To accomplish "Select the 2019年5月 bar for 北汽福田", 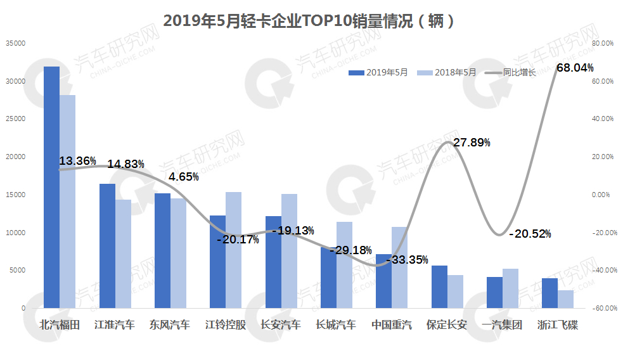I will click(x=51, y=187).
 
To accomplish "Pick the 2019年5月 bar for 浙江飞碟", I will click(x=549, y=293).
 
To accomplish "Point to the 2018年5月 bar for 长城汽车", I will click(x=344, y=265).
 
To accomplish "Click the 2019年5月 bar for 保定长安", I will click(x=439, y=286).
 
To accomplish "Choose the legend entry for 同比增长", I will click(x=511, y=73).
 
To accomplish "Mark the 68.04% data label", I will click(x=574, y=68).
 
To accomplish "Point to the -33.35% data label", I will click(x=408, y=260).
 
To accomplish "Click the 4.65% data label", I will click(x=184, y=177).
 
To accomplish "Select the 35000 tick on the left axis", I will click(x=15, y=43).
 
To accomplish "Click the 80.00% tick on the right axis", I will click(x=602, y=43).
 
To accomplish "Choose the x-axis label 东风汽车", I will click(x=170, y=326).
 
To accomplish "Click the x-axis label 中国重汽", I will click(x=391, y=326).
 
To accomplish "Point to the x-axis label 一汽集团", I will click(x=502, y=326).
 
